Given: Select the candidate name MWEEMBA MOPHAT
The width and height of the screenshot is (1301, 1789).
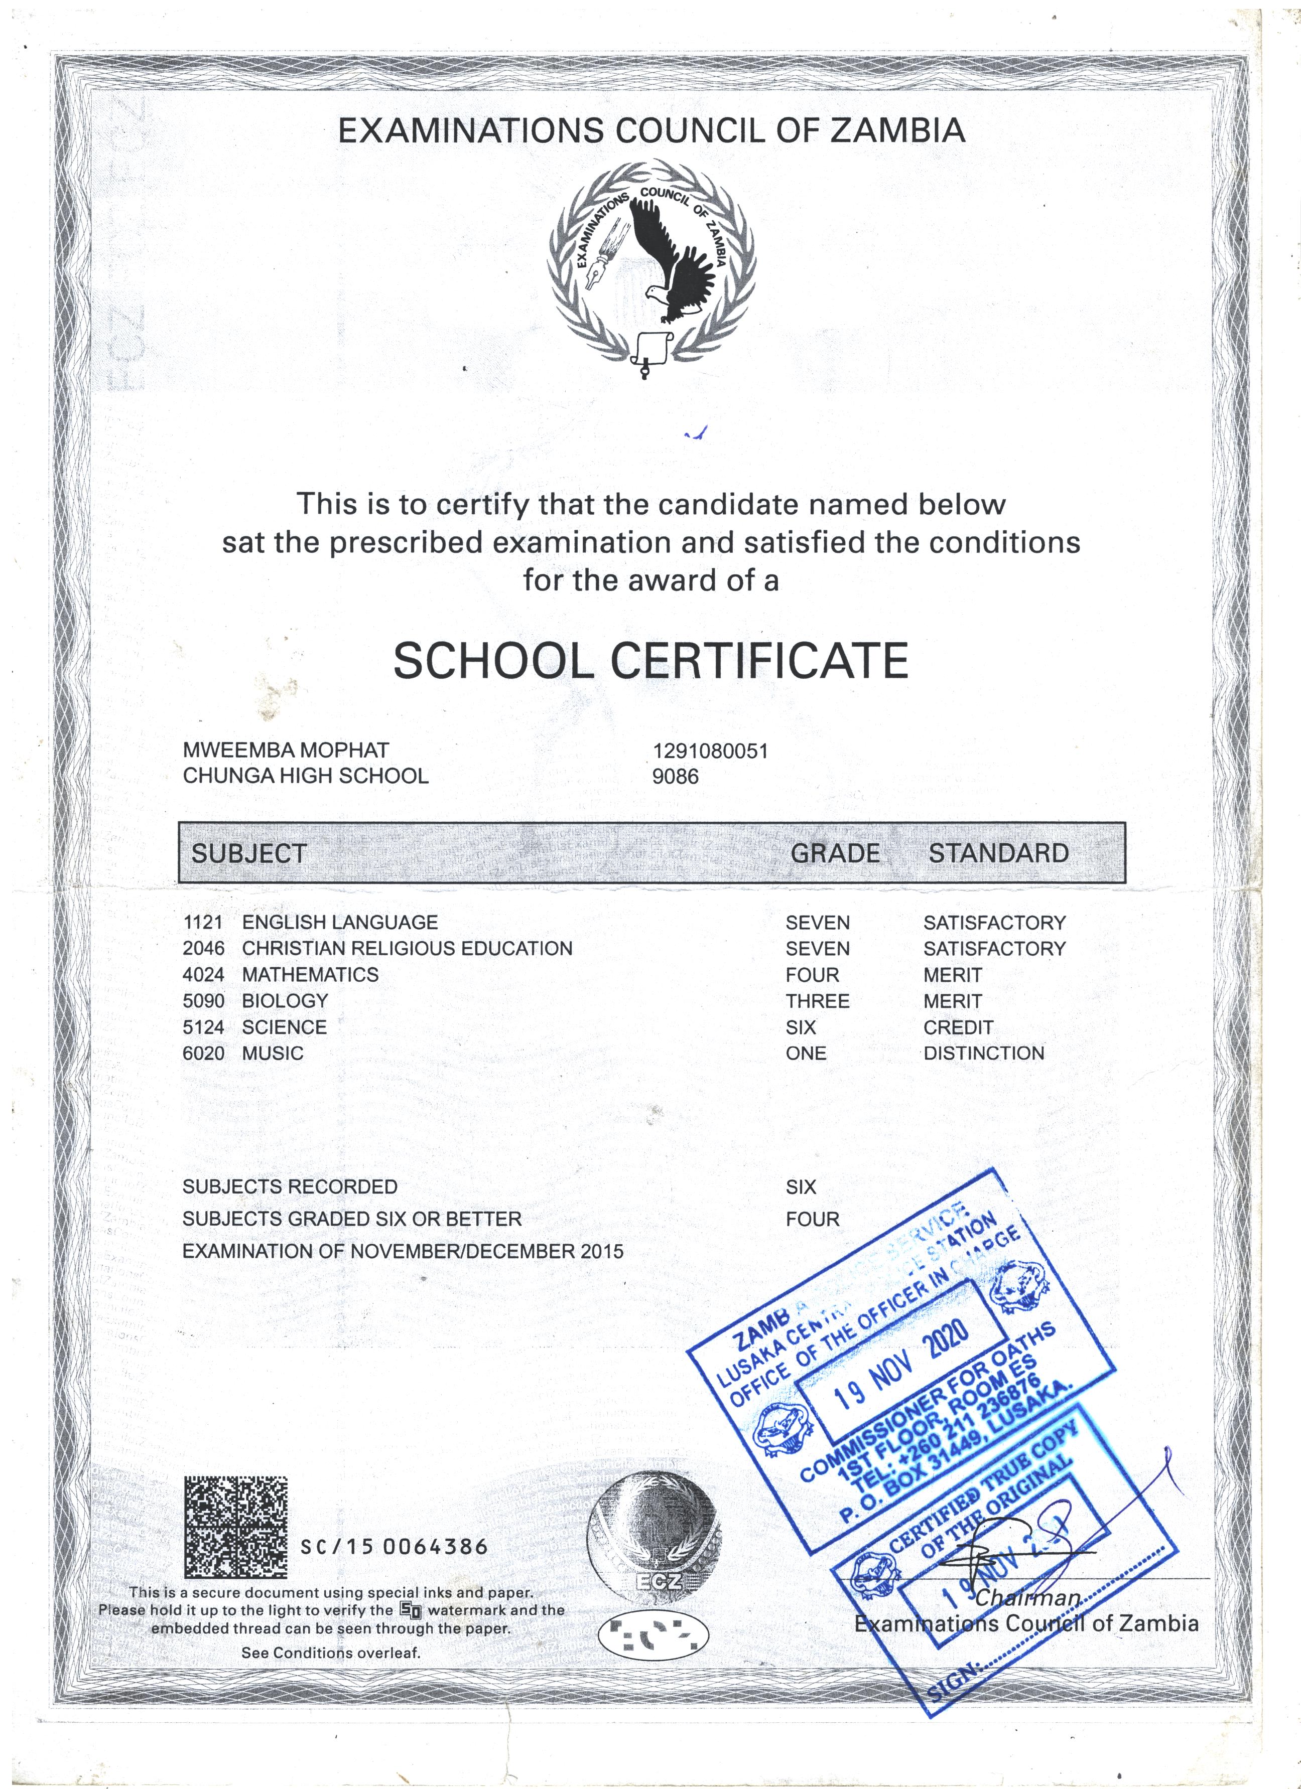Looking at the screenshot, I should (x=286, y=750).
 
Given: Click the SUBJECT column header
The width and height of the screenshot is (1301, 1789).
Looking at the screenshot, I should (x=248, y=853).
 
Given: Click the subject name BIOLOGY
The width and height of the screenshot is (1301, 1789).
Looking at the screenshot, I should (x=285, y=1000).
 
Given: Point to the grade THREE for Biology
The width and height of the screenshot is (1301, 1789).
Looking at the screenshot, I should (x=817, y=1001).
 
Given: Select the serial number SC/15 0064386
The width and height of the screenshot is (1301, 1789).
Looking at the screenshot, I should (x=395, y=1548).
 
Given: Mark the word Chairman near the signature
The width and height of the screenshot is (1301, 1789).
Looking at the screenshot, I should (x=1027, y=1598).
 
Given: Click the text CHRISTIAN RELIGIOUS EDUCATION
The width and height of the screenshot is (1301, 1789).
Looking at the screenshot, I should (x=407, y=948).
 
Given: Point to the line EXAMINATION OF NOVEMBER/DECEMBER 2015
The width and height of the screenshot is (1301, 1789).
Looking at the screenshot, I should (x=403, y=1251).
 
